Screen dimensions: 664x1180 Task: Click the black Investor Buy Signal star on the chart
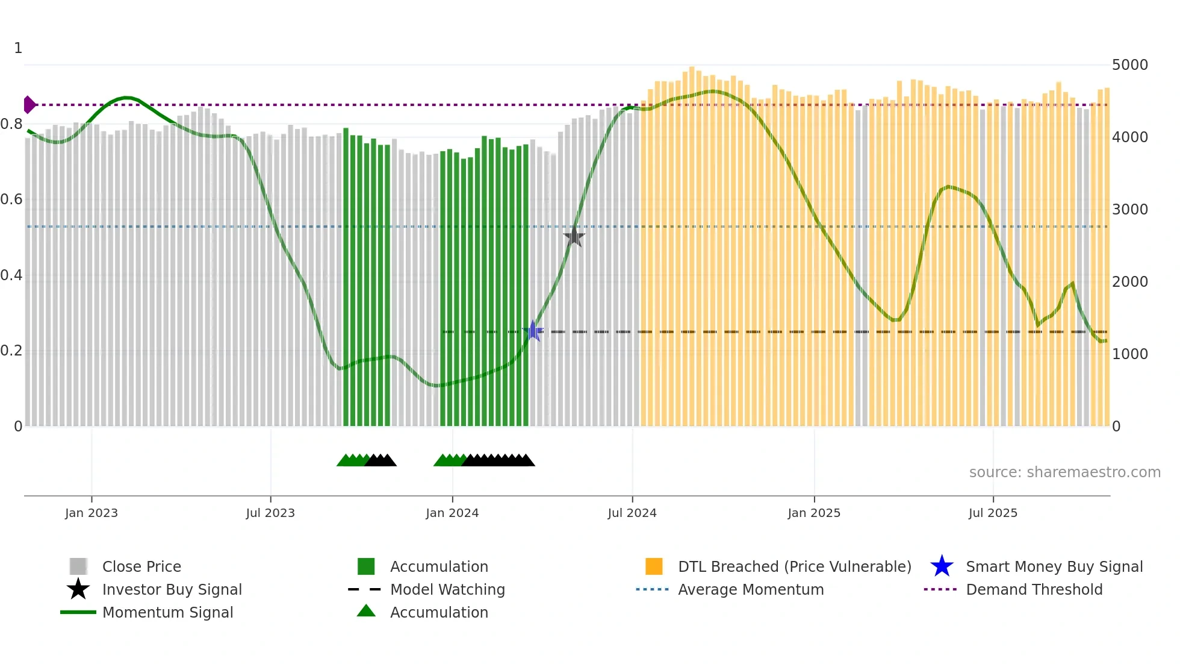574,237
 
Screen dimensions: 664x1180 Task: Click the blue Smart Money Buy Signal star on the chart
533,331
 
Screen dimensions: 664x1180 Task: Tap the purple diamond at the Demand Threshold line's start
29,105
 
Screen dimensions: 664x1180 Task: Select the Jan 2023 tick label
92,513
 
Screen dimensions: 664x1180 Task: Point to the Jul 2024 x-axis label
632,513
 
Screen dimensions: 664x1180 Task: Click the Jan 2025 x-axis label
814,513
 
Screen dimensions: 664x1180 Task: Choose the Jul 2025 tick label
993,513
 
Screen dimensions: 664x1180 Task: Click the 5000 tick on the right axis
1130,65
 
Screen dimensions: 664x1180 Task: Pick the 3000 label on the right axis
1130,210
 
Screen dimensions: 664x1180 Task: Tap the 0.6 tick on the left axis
11,199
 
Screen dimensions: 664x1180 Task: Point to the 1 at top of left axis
18,48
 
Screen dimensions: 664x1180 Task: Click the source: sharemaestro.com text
1064,472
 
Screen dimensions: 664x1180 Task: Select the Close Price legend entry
141,566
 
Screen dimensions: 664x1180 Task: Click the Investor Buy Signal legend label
172,589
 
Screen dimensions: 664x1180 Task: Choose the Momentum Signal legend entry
167,612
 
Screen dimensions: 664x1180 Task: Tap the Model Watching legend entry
447,589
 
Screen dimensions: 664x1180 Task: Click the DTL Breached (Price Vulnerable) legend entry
795,566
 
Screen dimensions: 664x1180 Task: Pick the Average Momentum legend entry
751,589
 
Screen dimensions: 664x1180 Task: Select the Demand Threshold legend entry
1034,589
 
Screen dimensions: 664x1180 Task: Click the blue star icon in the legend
942,566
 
